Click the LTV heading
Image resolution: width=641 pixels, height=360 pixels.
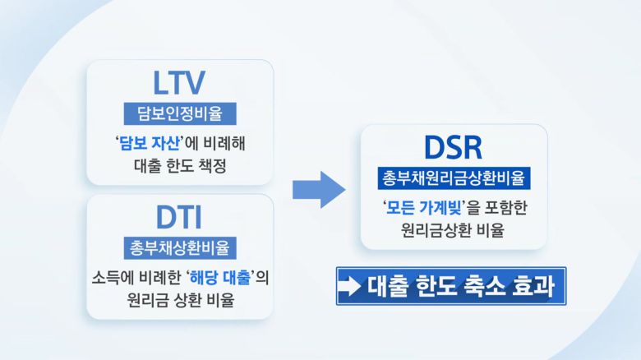[178, 82]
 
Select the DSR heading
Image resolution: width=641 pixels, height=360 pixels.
[454, 147]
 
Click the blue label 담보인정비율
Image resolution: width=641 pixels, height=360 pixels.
[179, 113]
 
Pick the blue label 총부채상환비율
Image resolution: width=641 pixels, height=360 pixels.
[179, 247]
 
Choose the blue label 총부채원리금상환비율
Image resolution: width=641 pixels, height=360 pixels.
[454, 178]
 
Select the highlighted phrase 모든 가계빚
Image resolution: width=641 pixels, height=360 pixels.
[423, 207]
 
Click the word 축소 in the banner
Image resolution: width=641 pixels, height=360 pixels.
[484, 287]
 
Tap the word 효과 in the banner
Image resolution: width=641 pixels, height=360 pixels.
[532, 287]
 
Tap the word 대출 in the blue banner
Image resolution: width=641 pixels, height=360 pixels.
[390, 287]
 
